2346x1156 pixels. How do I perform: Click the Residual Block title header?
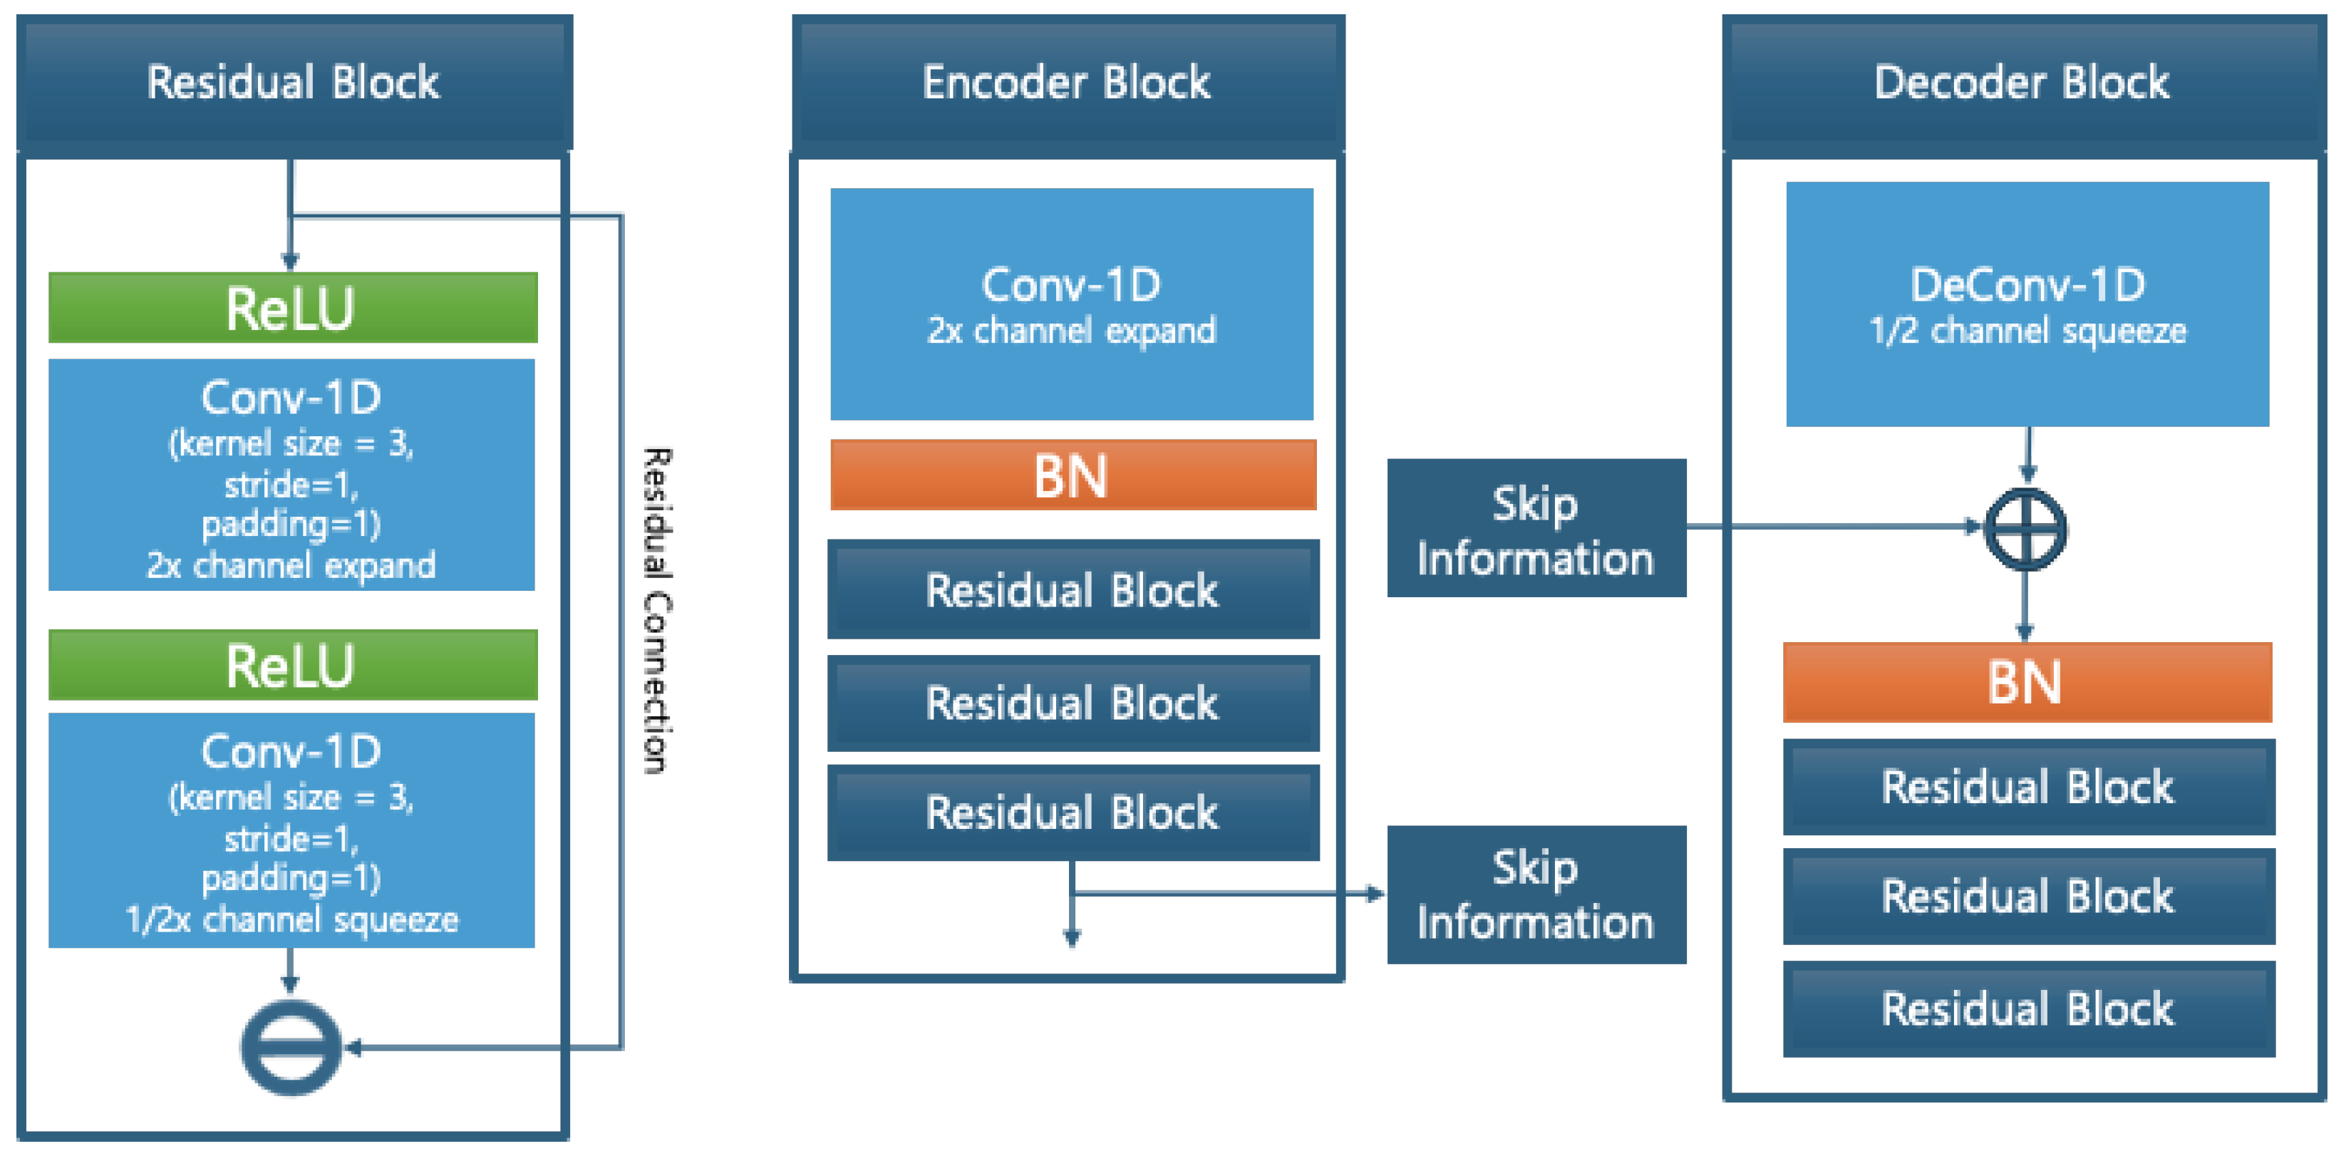point(294,82)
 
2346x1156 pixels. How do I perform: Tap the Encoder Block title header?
point(1068,82)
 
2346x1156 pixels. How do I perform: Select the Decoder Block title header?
point(2024,82)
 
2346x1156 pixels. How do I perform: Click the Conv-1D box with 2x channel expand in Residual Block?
point(291,475)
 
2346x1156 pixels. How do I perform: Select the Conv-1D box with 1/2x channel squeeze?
point(291,830)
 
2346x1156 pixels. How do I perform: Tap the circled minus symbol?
point(291,1047)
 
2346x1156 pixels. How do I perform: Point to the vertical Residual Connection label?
point(658,610)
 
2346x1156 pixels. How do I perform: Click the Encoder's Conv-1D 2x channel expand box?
point(1072,304)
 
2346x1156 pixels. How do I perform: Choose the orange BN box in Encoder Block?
point(1073,475)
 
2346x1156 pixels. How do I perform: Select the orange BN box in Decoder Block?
point(2027,682)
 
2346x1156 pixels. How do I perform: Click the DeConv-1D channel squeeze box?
point(2027,304)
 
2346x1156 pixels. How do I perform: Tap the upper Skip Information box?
point(1536,528)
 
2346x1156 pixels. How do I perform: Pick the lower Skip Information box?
point(1536,894)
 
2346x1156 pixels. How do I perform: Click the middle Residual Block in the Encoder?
point(1073,703)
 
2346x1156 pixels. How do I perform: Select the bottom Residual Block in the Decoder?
point(2029,1009)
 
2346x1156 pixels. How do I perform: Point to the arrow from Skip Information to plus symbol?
point(1835,527)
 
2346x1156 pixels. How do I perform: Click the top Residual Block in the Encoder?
point(1073,589)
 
